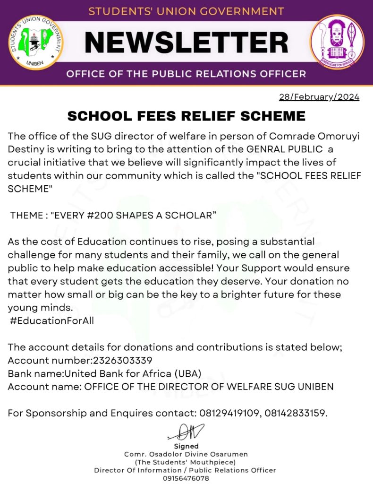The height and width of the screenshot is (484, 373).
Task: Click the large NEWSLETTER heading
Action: [x=186, y=43]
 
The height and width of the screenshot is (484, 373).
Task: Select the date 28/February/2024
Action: [x=319, y=97]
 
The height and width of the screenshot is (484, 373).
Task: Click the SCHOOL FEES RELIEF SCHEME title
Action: [x=186, y=116]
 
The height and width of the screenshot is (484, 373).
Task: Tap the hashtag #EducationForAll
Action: [x=52, y=321]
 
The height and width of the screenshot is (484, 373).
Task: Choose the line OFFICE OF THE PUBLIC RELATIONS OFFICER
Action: [x=186, y=74]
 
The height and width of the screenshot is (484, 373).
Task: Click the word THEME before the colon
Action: [x=27, y=215]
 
